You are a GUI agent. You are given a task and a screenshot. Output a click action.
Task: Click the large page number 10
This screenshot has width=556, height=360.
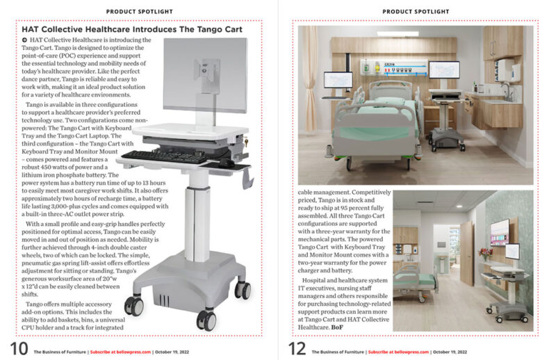[18, 350]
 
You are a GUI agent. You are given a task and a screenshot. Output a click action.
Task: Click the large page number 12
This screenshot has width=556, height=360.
[297, 350]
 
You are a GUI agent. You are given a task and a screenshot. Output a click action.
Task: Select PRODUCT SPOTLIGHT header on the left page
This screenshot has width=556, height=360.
[140, 11]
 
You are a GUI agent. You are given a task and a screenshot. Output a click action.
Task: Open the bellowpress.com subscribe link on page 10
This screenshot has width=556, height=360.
[120, 352]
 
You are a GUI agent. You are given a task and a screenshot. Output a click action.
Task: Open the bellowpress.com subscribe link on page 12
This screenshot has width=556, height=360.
[398, 352]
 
